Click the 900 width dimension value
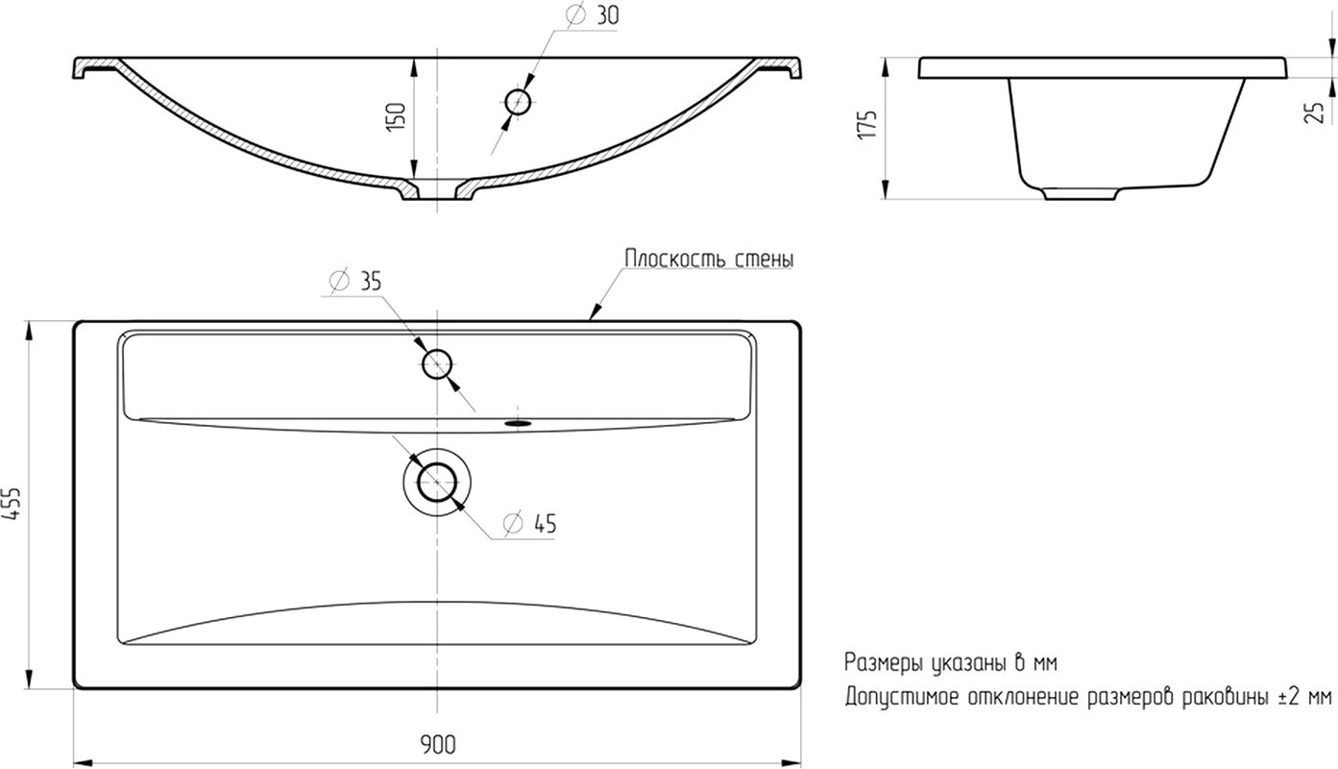tap(437, 744)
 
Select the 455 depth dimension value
tap(12, 504)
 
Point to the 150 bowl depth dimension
tap(397, 117)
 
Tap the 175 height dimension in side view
tap(867, 125)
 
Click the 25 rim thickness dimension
tap(1314, 112)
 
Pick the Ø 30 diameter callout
tap(592, 15)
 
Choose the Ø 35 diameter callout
tap(355, 281)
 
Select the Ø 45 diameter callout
tap(530, 524)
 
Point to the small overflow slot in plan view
tap(518, 423)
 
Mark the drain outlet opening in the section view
tap(437, 189)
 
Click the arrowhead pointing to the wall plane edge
tap(594, 312)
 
